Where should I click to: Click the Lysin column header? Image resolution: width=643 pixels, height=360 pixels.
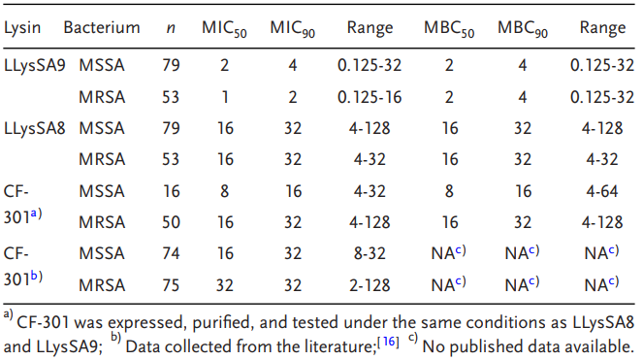22,28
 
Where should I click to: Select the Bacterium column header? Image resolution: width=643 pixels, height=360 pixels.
102,27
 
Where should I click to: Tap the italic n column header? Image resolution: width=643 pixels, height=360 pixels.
171,28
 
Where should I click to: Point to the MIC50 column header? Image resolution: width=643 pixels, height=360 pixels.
224,29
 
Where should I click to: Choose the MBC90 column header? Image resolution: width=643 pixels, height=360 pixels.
523,29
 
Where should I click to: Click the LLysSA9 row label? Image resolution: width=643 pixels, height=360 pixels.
35,65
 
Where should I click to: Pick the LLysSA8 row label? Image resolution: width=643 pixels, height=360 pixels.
35,128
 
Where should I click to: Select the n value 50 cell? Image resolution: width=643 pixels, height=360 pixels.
171,222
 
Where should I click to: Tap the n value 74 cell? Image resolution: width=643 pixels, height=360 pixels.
171,253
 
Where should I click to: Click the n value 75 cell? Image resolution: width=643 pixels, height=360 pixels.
171,285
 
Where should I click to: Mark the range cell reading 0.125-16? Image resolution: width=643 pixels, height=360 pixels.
370,97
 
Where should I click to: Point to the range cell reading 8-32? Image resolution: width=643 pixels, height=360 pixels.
370,253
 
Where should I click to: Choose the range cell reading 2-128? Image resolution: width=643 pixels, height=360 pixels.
370,285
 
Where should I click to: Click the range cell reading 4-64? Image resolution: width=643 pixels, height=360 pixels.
602,191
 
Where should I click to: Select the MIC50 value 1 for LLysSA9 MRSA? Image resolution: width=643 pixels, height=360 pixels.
225,97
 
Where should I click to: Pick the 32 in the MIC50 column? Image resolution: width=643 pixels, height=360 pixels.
225,285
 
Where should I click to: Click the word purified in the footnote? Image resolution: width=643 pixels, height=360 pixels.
221,323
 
